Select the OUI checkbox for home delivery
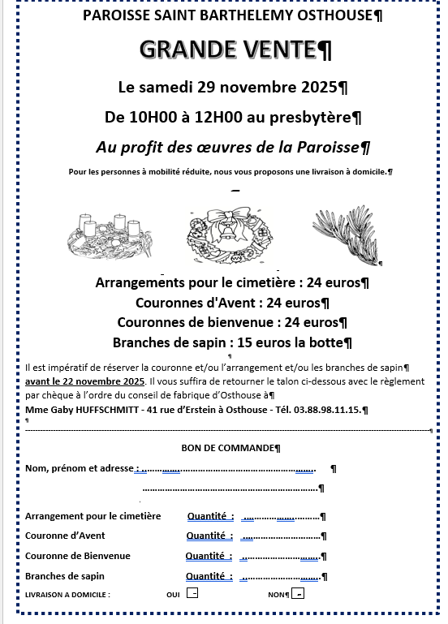pos(192,594)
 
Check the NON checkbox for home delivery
pos(298,594)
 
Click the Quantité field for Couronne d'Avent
pos(280,536)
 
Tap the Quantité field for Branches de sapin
pos(280,577)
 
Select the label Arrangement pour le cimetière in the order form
pos(93,516)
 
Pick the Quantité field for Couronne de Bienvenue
pos(280,557)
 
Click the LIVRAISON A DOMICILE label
pos(67,595)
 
